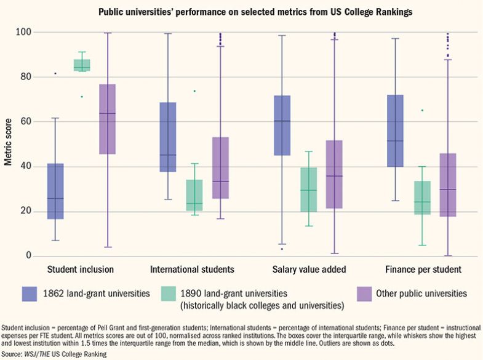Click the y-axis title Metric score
(x=8, y=145)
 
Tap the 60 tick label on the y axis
(x=26, y=122)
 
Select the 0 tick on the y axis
(x=29, y=256)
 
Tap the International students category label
(x=193, y=270)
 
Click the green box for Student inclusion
(x=82, y=65)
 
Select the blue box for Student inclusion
(x=55, y=191)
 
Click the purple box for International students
(x=220, y=167)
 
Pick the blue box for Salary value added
(x=282, y=126)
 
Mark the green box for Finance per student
(x=422, y=198)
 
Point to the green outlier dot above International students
(x=194, y=91)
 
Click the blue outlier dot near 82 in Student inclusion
(x=55, y=73)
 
